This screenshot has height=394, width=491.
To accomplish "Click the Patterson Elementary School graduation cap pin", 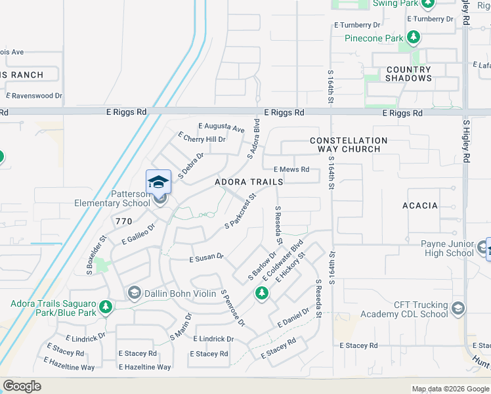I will [158, 182].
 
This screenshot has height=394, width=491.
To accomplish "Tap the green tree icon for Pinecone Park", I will [413, 38].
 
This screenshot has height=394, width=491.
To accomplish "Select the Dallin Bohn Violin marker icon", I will [134, 292].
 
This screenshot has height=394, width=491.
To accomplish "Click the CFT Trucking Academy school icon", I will [458, 307].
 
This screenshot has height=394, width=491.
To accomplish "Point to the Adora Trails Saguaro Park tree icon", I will [104, 307].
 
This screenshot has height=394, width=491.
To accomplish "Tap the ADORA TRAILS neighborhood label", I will [249, 181].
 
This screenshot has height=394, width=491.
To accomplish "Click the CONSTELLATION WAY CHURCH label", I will [348, 144].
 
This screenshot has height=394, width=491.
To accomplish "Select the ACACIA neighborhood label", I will [419, 206].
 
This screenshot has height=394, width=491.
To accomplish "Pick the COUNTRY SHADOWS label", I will [409, 74].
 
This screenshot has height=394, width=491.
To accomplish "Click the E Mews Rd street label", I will [291, 169].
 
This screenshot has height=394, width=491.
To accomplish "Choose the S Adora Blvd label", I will [254, 138].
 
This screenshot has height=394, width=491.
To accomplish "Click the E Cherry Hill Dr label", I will [202, 138].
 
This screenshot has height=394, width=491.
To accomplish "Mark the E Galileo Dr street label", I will [138, 233].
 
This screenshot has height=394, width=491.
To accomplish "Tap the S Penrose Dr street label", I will [232, 308].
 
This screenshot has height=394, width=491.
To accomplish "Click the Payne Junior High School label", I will [448, 248].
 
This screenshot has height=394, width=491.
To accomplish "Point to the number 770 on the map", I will [123, 222].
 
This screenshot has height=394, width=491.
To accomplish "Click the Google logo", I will [22, 386].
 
